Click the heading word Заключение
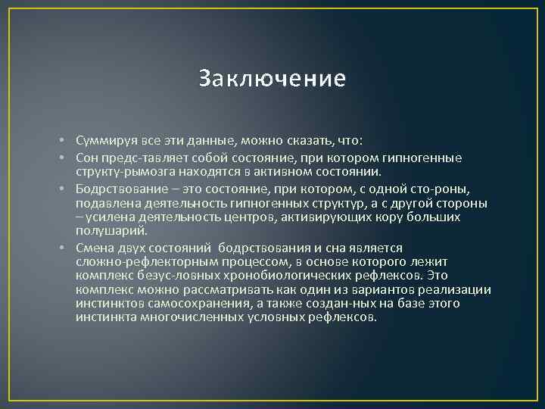click(272, 78)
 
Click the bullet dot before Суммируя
click(67, 141)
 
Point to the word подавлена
click(104, 203)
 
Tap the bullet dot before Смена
click(67, 248)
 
